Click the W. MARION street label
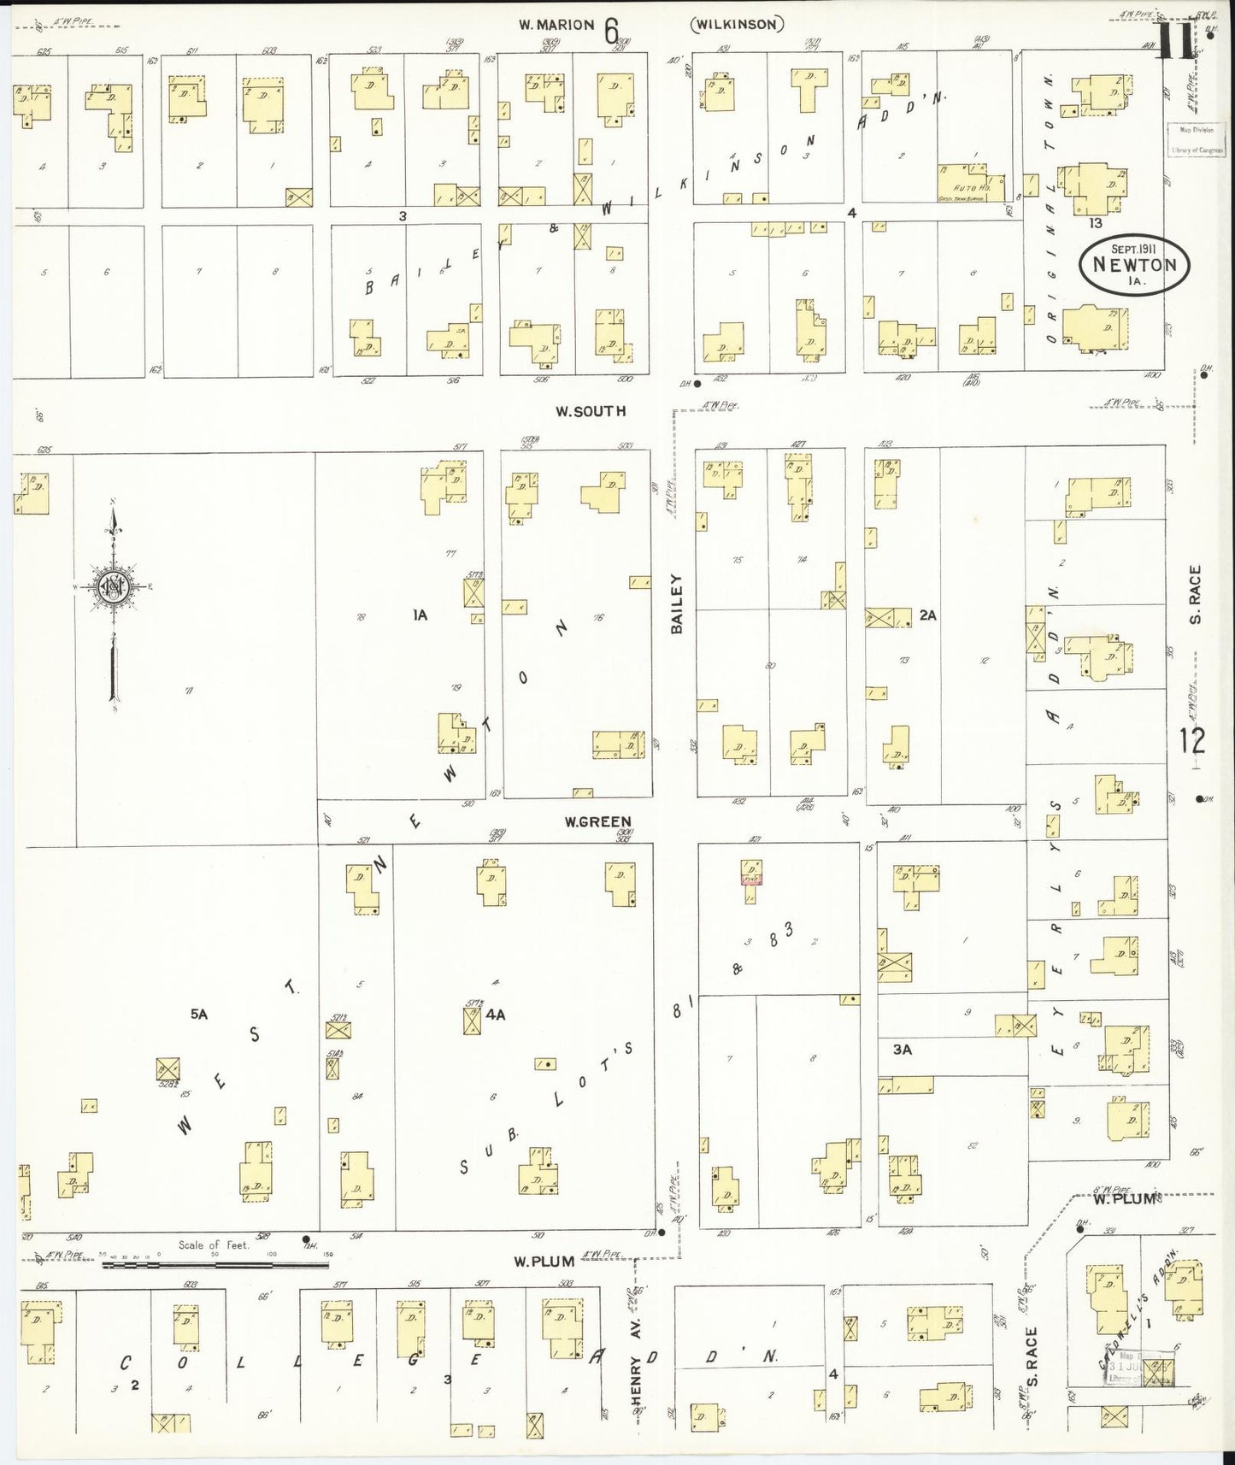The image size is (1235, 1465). [556, 25]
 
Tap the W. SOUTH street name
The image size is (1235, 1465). [590, 411]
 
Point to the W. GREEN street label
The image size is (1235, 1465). [597, 822]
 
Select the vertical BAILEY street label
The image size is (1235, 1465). [677, 603]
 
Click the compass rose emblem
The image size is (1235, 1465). [112, 586]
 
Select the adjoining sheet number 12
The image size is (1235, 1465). [1192, 740]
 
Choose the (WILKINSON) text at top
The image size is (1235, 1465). [737, 25]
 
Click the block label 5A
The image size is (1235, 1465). [199, 1014]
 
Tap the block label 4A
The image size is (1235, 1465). [496, 1015]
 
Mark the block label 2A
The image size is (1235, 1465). [928, 615]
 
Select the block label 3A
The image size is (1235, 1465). [903, 1049]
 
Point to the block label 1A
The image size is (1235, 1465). [419, 615]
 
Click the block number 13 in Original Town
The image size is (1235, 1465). [1096, 223]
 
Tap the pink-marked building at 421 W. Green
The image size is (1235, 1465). [751, 877]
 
